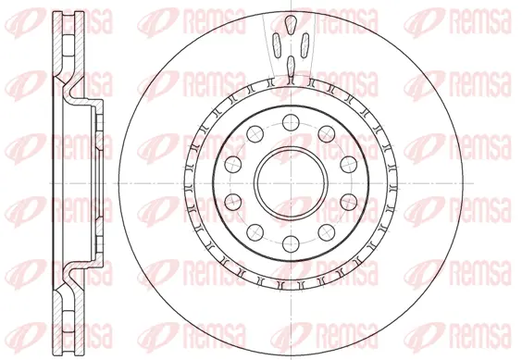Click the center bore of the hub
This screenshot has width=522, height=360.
[288, 181]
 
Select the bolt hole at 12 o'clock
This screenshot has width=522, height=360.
[288, 118]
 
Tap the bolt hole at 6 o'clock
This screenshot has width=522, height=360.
[288, 243]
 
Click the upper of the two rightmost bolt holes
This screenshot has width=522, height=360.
[348, 163]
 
